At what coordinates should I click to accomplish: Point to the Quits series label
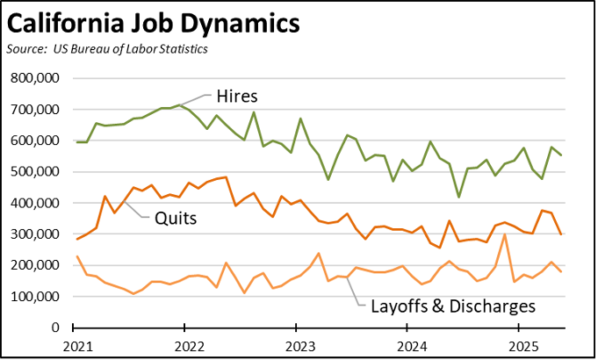(176, 216)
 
